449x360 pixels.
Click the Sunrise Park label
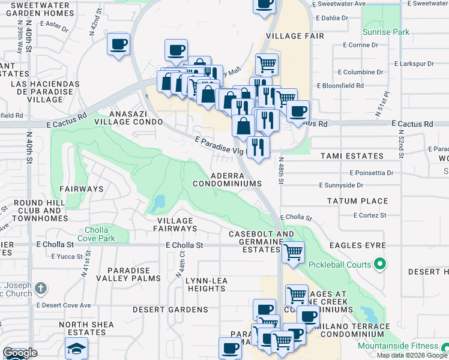[388, 31]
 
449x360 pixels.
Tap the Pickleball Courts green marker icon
[379, 263]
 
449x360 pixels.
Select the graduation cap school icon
[77, 348]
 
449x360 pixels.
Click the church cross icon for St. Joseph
[40, 289]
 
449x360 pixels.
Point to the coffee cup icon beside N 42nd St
[118, 45]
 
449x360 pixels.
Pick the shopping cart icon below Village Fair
[267, 64]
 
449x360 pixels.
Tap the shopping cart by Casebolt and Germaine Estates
[293, 253]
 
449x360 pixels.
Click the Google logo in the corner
[20, 353]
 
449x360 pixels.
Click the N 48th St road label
[281, 166]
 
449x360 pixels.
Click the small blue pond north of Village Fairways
[157, 203]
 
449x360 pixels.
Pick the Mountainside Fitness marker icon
[444, 347]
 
